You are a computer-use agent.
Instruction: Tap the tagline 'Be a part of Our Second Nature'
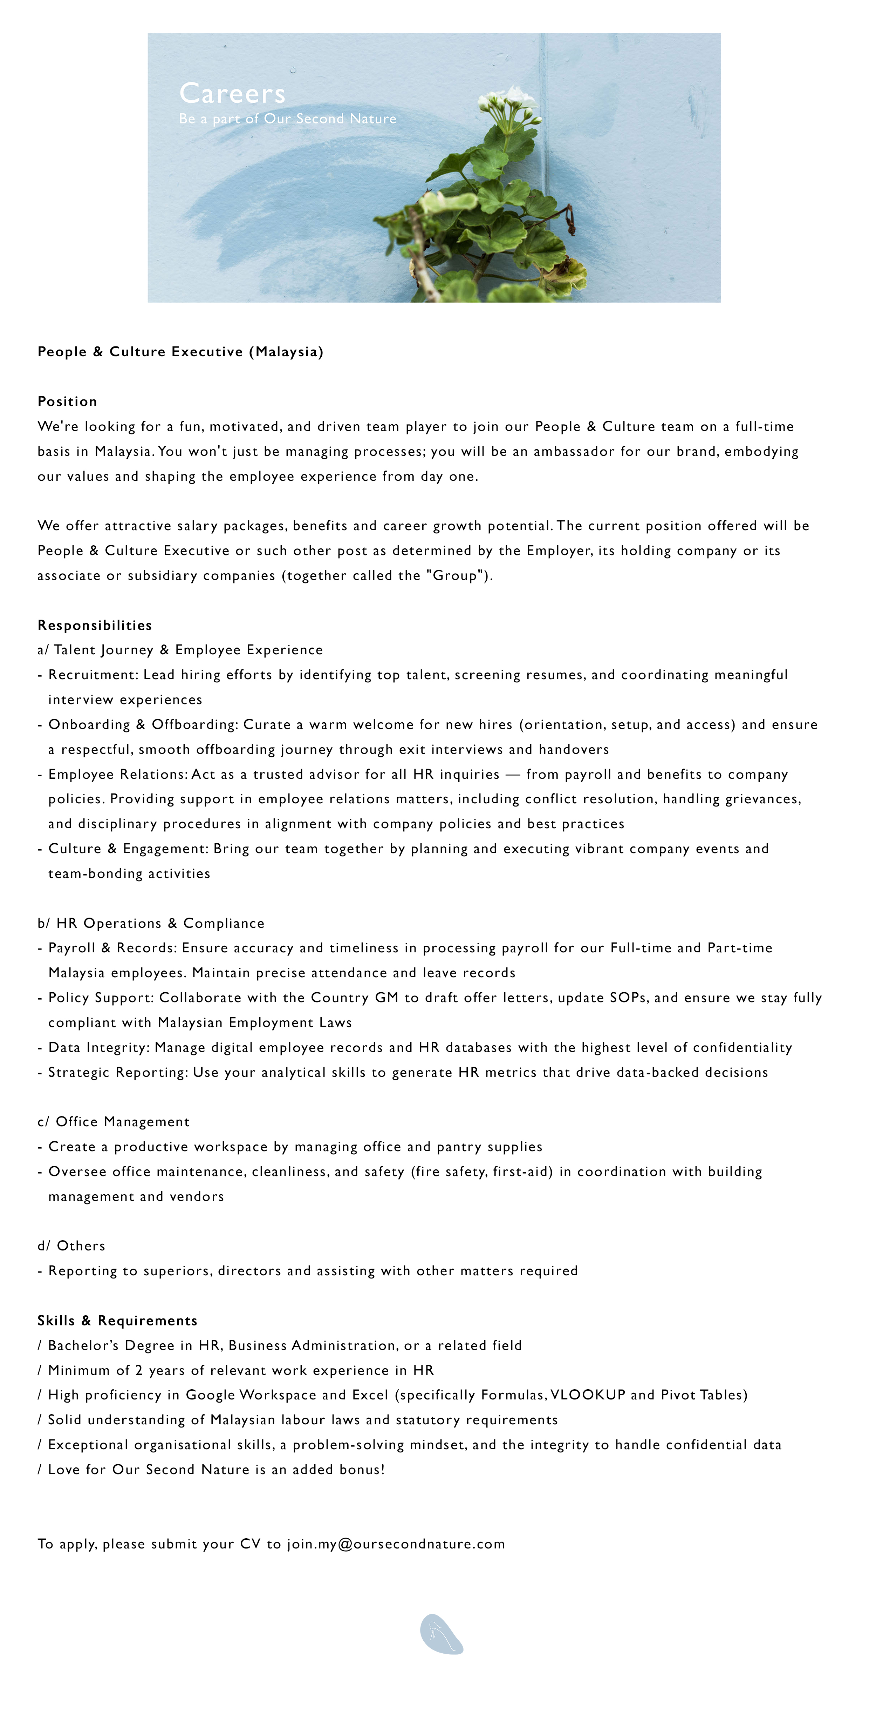287,119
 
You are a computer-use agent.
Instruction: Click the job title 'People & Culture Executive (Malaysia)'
180,352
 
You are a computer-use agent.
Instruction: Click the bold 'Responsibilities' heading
95,625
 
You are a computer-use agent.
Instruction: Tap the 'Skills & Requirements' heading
117,1320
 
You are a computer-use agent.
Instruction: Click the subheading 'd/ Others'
71,1245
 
